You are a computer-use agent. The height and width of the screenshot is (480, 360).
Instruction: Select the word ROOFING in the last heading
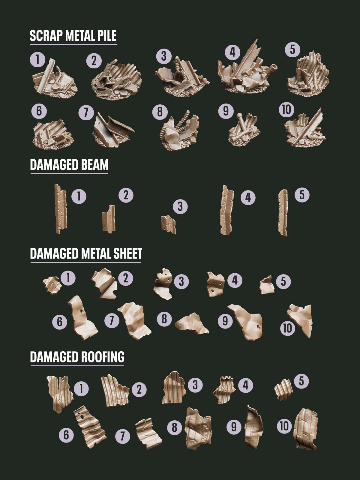click(x=103, y=357)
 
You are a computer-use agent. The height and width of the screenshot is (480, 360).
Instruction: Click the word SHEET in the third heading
click(x=128, y=253)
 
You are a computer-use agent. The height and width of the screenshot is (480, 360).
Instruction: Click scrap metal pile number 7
click(x=112, y=130)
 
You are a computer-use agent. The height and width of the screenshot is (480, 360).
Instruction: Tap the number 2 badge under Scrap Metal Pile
click(x=94, y=61)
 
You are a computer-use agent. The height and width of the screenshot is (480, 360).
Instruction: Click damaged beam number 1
click(x=61, y=208)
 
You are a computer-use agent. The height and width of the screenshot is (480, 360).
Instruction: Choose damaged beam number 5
click(x=283, y=212)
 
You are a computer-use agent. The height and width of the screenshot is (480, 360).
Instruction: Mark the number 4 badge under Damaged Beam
click(x=248, y=198)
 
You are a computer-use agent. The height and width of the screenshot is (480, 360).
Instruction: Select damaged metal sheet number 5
click(x=267, y=285)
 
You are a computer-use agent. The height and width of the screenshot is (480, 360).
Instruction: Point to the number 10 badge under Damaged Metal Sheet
click(x=287, y=328)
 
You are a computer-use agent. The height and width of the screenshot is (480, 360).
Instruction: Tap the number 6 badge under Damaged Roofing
click(x=66, y=435)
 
